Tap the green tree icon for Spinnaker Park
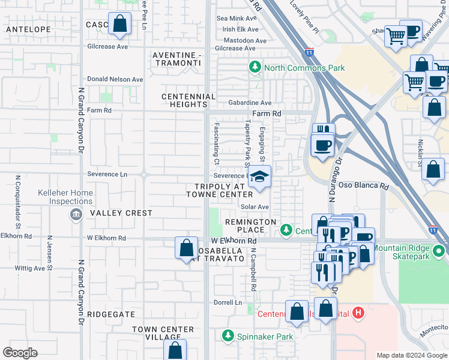[x=228, y=336]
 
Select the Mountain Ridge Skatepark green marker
[x=439, y=250]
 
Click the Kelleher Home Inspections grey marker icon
[x=76, y=214]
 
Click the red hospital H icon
[x=358, y=313]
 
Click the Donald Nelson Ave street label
[x=115, y=79]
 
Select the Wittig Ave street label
[x=30, y=268]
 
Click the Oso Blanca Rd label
[x=363, y=186]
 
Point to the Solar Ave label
[x=255, y=207]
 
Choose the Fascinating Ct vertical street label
[x=215, y=145]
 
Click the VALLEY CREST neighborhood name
[x=121, y=213]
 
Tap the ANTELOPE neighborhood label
[x=28, y=29]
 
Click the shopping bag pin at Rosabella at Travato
[x=186, y=248]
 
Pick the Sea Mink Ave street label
[x=240, y=19]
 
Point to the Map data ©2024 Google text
[x=411, y=355]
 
